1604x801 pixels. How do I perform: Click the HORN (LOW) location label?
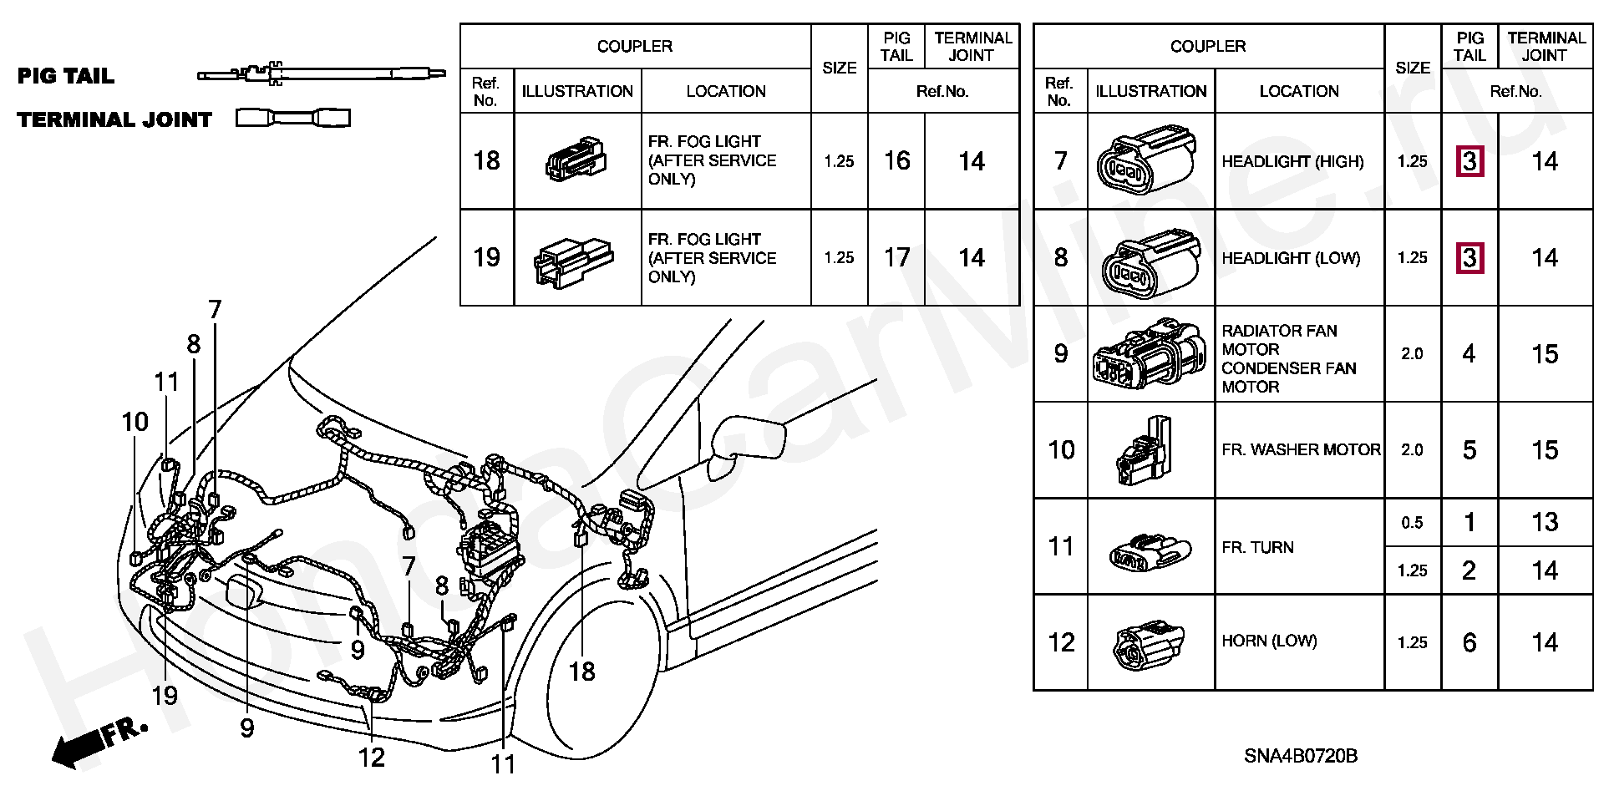[x=1269, y=641]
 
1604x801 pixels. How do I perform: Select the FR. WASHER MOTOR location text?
[x=1301, y=450]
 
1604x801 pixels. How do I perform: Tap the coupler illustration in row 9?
[x=1150, y=354]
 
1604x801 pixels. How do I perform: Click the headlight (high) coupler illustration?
[x=1149, y=160]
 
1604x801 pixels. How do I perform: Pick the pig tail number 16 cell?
[x=896, y=160]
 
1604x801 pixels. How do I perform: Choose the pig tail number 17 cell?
[x=896, y=257]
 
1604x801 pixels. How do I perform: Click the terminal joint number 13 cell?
[x=1545, y=522]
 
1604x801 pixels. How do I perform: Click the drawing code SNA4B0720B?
[x=1301, y=756]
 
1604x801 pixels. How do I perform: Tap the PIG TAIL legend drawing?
[x=315, y=74]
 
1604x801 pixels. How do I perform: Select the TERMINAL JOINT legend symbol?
[x=293, y=118]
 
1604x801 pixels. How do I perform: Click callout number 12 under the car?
[x=372, y=757]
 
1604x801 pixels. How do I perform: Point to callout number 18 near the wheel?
[x=581, y=671]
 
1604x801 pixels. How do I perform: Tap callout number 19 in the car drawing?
[x=165, y=695]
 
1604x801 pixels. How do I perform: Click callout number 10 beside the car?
[x=135, y=422]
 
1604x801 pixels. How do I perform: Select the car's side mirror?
[x=746, y=438]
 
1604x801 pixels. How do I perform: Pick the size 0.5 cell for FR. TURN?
[x=1412, y=523]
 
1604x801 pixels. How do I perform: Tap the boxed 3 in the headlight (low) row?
[x=1469, y=257]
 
